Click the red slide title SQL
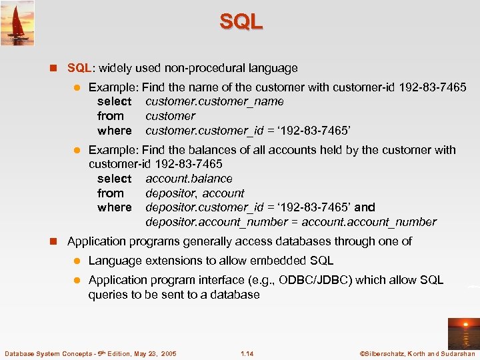pyautogui.click(x=241, y=21)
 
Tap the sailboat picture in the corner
pyautogui.click(x=17, y=23)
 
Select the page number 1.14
pyautogui.click(x=247, y=353)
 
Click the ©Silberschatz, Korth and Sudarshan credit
pyautogui.click(x=417, y=353)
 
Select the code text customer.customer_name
pyautogui.click(x=215, y=101)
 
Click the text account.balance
pyautogui.click(x=189, y=179)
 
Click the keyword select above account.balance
pyautogui.click(x=114, y=179)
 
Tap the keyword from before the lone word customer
pyautogui.click(x=110, y=116)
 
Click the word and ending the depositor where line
pyautogui.click(x=365, y=207)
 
